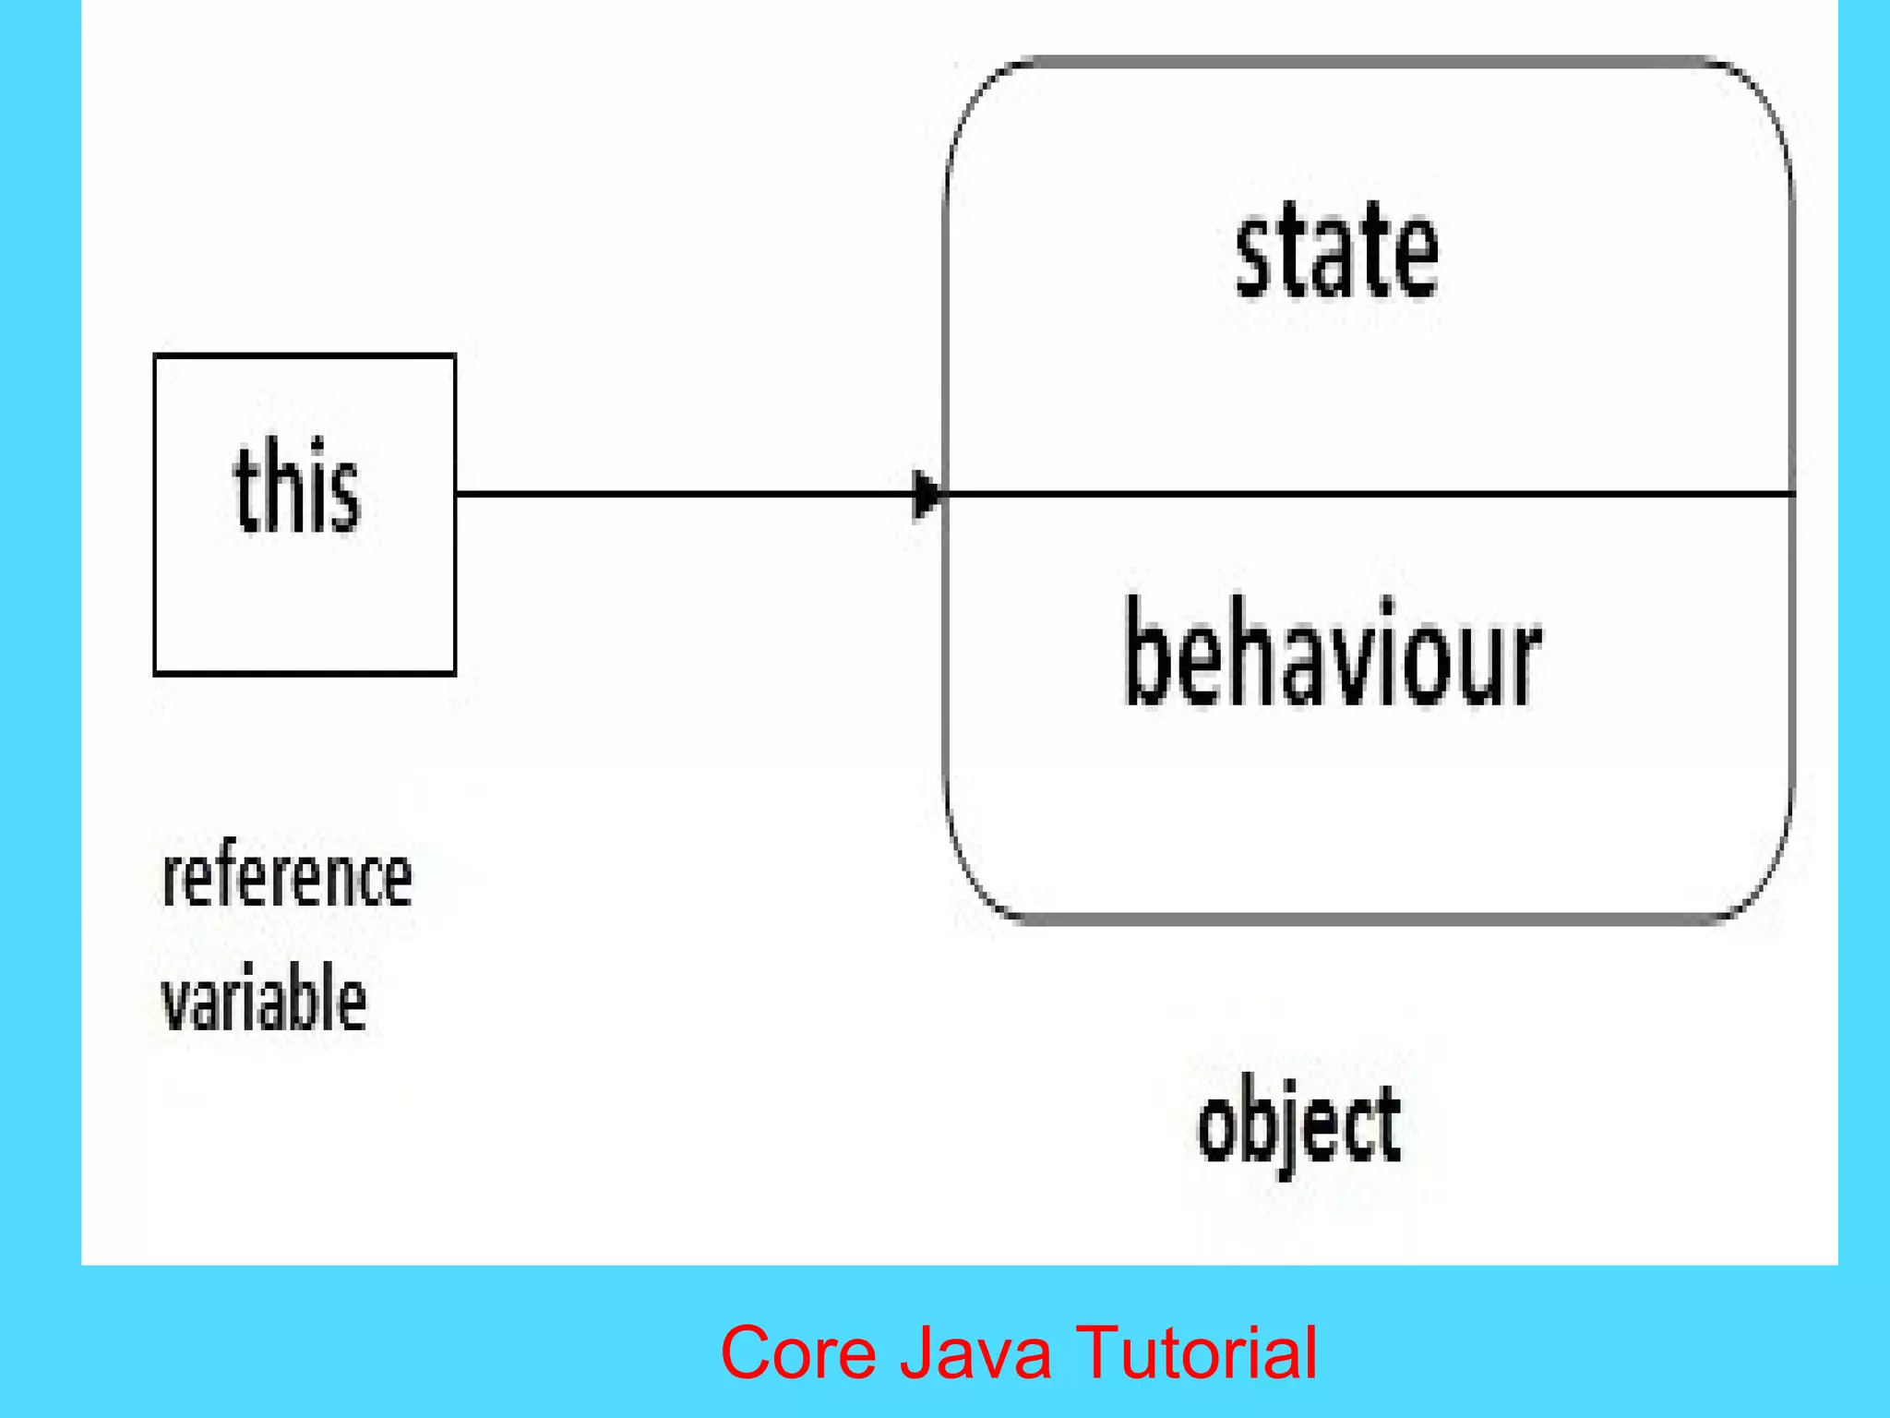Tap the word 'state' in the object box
pos(1337,252)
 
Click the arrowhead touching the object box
pos(926,495)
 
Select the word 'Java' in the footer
pos(975,1352)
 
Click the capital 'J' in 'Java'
pos(916,1352)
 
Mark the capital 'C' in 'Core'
pos(746,1352)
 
